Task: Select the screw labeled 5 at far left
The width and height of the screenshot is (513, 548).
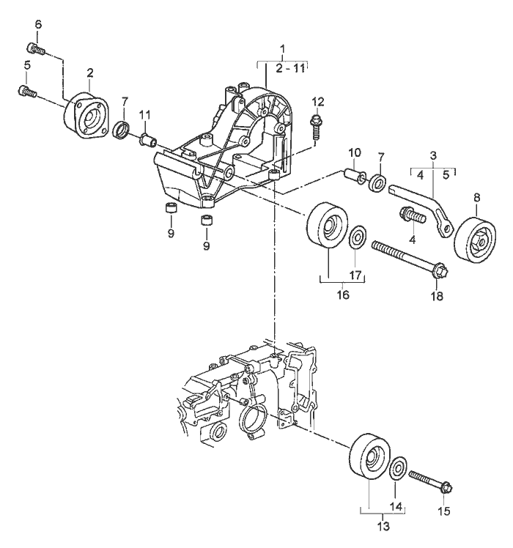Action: [x=26, y=91]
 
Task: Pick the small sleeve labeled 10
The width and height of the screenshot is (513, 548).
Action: [x=354, y=177]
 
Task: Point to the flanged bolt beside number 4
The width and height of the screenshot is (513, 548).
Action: [x=410, y=216]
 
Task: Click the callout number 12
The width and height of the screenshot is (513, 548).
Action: [x=317, y=101]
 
